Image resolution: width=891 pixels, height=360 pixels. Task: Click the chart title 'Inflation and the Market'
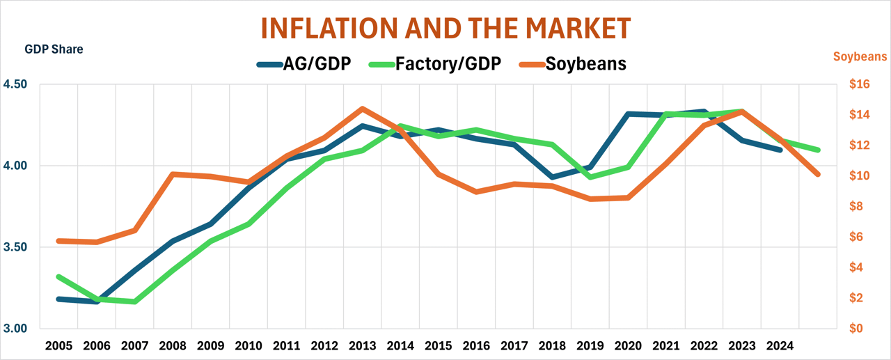pyautogui.click(x=445, y=28)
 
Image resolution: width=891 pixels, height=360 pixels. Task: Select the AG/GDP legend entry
pyautogui.click(x=303, y=64)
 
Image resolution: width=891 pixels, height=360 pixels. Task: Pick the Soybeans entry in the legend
pyautogui.click(x=573, y=64)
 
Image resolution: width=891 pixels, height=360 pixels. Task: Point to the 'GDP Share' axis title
pyautogui.click(x=54, y=49)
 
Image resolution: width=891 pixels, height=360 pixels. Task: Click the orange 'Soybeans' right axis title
pyautogui.click(x=860, y=56)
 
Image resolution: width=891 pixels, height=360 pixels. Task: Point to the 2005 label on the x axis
pyautogui.click(x=60, y=346)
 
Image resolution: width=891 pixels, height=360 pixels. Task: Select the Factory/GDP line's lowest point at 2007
pyautogui.click(x=135, y=302)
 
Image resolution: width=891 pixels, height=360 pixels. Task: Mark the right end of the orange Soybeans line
pyautogui.click(x=818, y=174)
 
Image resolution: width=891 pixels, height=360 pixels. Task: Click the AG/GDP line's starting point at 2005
pyautogui.click(x=60, y=299)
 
